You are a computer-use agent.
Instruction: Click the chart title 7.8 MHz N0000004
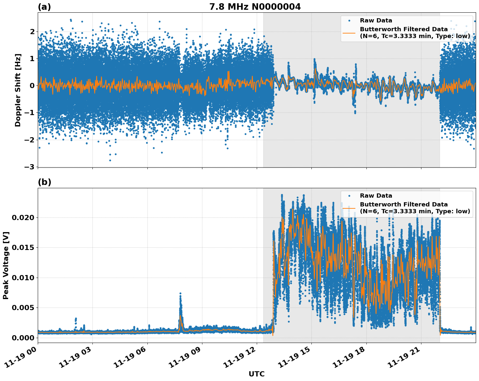pyautogui.click(x=255, y=7)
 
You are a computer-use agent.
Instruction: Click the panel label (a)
pyautogui.click(x=44, y=7)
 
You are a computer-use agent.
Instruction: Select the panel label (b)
pyautogui.click(x=44, y=182)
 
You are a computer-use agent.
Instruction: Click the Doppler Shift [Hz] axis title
pyautogui.click(x=18, y=90)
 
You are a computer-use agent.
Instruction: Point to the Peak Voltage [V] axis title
pyautogui.click(x=6, y=265)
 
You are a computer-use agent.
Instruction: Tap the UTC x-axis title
pyautogui.click(x=256, y=374)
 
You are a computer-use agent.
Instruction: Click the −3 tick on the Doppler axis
pyautogui.click(x=30, y=167)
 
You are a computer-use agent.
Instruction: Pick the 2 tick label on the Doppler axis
pyautogui.click(x=32, y=32)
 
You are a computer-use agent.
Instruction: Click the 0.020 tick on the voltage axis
pyautogui.click(x=23, y=217)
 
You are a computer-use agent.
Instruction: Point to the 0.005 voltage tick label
pyautogui.click(x=23, y=308)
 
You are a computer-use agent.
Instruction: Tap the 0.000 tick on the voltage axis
pyautogui.click(x=23, y=338)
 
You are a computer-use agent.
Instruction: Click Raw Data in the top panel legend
pyautogui.click(x=376, y=20)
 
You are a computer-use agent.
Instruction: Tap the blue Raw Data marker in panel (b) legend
pyautogui.click(x=349, y=196)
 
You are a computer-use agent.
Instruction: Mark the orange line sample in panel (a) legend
pyautogui.click(x=349, y=33)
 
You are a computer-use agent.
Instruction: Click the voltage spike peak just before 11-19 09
pyautogui.click(x=180, y=294)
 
